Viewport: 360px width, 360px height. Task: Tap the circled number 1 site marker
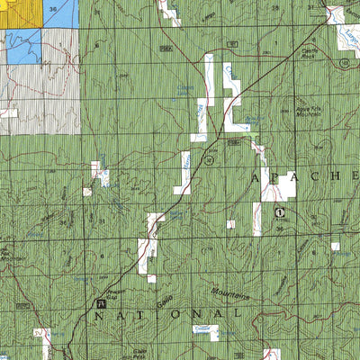pos(280,212)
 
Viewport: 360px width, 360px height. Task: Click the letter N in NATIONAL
pos(100,316)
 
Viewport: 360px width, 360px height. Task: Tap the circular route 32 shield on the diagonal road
pos(208,161)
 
